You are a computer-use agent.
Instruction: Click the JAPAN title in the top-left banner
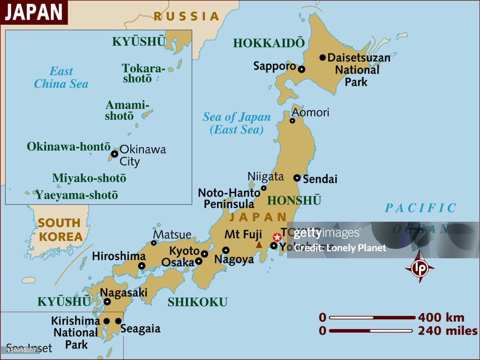click(x=34, y=12)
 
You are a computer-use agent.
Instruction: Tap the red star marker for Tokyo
click(x=277, y=237)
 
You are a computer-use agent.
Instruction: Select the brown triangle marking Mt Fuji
click(x=259, y=245)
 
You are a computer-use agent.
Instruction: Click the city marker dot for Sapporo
click(x=301, y=69)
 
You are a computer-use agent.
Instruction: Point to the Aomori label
click(x=310, y=112)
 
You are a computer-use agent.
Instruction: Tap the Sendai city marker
click(x=297, y=178)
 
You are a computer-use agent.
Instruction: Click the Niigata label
click(x=266, y=176)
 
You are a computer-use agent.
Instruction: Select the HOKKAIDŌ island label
click(x=269, y=43)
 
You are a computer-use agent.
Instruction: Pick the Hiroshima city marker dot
click(x=142, y=266)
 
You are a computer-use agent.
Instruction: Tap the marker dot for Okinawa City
click(x=114, y=154)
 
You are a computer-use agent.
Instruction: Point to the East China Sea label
click(x=61, y=78)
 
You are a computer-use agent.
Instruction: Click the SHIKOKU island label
click(x=197, y=302)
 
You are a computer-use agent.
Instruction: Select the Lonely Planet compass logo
click(x=420, y=267)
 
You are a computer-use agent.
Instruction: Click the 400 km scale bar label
click(x=441, y=317)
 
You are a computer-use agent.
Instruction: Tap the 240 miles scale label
click(x=448, y=331)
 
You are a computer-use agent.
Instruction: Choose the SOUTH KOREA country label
click(x=60, y=230)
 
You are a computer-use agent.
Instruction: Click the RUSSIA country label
click(x=187, y=16)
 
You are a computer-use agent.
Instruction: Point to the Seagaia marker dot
click(x=118, y=321)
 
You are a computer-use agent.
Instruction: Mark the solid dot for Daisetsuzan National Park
click(x=322, y=58)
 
